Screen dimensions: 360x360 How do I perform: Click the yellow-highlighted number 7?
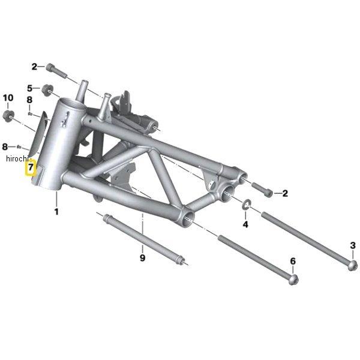point(31,167)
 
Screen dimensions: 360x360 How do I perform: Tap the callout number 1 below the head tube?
point(56,211)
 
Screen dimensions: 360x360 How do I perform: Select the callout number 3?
point(353,245)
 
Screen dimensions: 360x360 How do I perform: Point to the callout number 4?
point(245,224)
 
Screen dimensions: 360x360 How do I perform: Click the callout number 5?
point(30,88)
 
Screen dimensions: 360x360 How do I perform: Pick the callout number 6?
point(293,261)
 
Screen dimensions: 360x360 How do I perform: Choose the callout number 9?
point(143,258)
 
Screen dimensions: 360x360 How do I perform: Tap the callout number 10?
point(8,98)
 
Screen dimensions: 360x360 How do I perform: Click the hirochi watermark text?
point(17,158)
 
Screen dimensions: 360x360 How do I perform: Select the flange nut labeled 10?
point(8,116)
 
